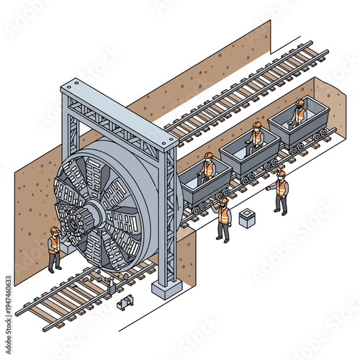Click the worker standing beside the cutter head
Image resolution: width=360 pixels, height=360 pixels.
54,248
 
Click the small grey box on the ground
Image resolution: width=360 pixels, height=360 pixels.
247,217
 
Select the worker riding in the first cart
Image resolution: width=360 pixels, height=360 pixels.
208,168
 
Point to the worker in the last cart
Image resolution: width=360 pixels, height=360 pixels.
298,112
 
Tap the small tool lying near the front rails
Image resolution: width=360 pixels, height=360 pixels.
126,302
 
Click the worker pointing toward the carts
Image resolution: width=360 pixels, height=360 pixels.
280,192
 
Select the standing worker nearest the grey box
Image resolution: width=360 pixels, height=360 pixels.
224,220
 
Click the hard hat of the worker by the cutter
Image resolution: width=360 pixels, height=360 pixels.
55,230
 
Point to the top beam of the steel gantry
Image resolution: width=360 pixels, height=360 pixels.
119,115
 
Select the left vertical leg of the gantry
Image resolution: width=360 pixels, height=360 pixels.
70,130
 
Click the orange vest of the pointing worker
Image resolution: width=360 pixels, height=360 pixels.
282,189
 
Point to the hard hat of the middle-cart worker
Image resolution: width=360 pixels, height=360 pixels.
256,125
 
